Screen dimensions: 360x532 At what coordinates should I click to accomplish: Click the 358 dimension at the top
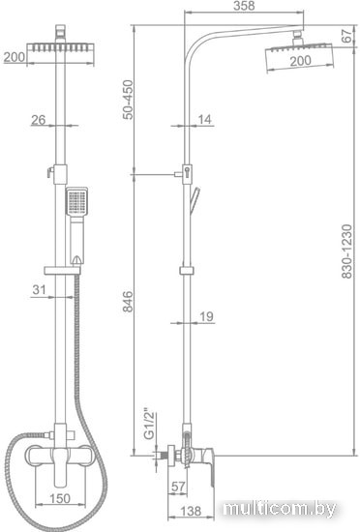click(x=244, y=6)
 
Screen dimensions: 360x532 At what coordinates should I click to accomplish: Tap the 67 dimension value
click(x=346, y=36)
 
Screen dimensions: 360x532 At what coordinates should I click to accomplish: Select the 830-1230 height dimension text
click(x=346, y=251)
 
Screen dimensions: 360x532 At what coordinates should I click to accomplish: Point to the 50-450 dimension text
click(x=128, y=100)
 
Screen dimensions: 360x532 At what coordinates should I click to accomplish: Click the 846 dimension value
click(x=128, y=301)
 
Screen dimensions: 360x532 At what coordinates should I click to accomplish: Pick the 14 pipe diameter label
click(x=204, y=119)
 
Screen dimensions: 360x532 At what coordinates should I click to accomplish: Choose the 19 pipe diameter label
click(x=206, y=316)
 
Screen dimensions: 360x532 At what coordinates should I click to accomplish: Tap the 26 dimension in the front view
click(x=39, y=119)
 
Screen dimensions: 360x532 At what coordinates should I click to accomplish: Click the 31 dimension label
click(x=39, y=289)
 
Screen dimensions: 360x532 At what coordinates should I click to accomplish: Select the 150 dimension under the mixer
click(x=60, y=498)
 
